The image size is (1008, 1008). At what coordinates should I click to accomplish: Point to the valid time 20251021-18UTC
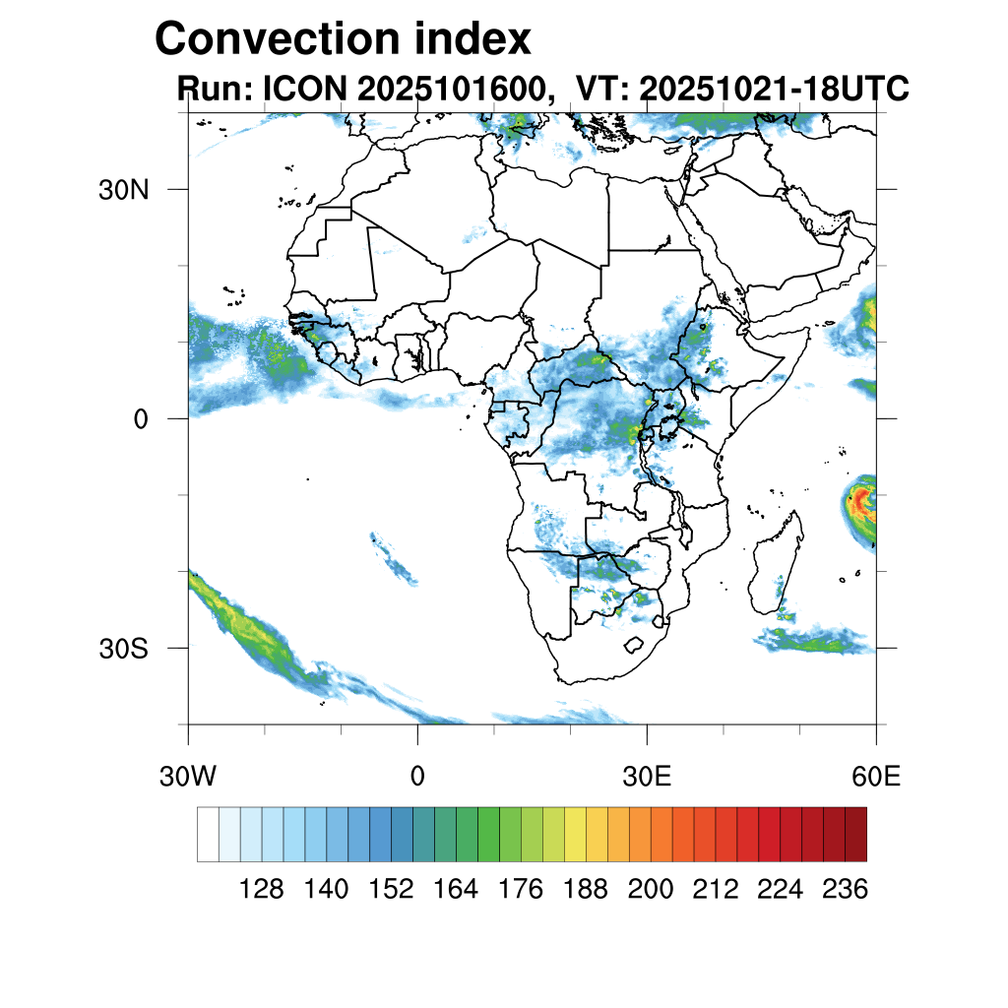pos(774,90)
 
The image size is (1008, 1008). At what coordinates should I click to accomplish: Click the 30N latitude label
pos(123,190)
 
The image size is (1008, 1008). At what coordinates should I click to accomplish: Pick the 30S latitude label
pos(123,649)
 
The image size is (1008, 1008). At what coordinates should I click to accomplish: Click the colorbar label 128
pos(262,890)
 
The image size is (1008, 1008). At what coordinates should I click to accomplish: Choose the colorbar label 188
pos(586,890)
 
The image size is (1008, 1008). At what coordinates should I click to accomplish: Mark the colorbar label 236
pos(845,890)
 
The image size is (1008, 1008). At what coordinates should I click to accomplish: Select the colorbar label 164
pos(456,890)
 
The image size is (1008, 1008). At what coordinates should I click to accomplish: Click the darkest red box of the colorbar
pos(855,834)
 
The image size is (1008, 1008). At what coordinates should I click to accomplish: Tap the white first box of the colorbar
pos(208,834)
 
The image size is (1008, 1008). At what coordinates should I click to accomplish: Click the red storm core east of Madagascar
pos(863,499)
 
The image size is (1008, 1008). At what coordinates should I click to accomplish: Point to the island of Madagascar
pos(773,571)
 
